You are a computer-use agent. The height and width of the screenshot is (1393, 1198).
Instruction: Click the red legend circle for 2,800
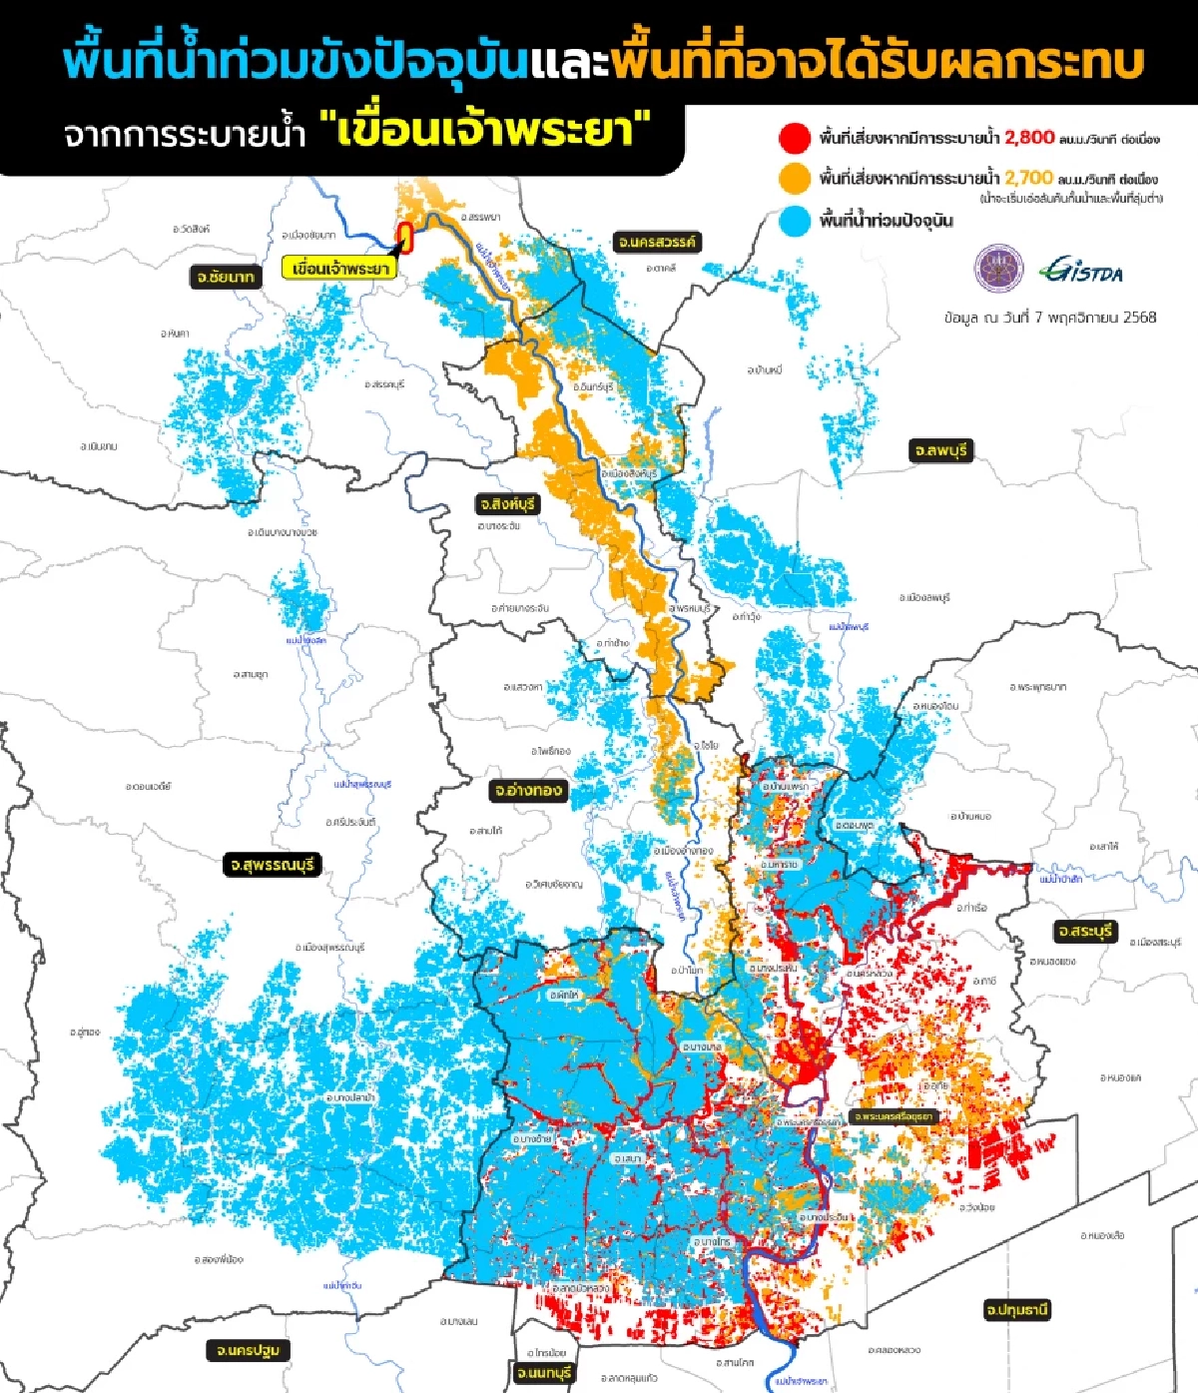coord(795,138)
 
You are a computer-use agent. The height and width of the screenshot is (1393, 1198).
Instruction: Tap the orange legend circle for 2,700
coord(795,179)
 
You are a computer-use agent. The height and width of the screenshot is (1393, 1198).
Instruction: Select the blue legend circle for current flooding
coord(795,221)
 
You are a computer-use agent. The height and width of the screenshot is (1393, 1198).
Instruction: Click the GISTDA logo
coord(1081,269)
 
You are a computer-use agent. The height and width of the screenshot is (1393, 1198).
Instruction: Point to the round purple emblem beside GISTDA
coord(998,268)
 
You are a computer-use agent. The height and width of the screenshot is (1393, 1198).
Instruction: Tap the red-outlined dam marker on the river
coord(405,236)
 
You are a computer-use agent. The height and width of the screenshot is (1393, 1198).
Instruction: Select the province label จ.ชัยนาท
coord(226,277)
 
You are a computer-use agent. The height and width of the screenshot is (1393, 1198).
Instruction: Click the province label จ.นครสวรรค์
coord(658,242)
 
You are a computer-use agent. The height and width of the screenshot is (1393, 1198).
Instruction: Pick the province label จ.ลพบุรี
coord(939,450)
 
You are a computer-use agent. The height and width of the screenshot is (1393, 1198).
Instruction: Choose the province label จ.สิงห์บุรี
coord(507,504)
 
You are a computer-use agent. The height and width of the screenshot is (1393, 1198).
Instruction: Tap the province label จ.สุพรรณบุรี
coord(272,864)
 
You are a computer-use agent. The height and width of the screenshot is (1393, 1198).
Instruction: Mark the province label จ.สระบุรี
coord(1085,931)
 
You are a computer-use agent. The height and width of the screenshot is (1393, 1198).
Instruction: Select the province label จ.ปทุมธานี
coord(1016,1308)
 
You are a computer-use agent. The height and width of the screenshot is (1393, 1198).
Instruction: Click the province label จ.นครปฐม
coord(249,1350)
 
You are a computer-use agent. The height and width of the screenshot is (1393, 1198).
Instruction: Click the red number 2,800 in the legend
coord(1029,138)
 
